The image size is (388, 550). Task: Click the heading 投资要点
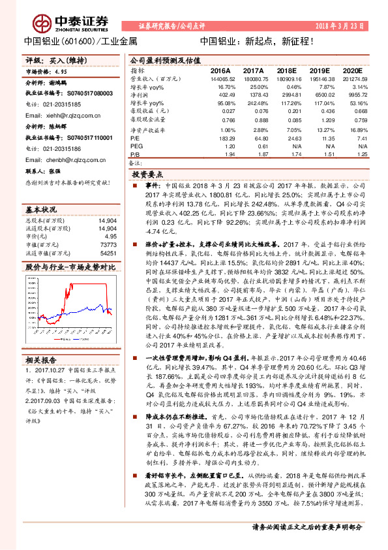(x=146, y=174)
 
